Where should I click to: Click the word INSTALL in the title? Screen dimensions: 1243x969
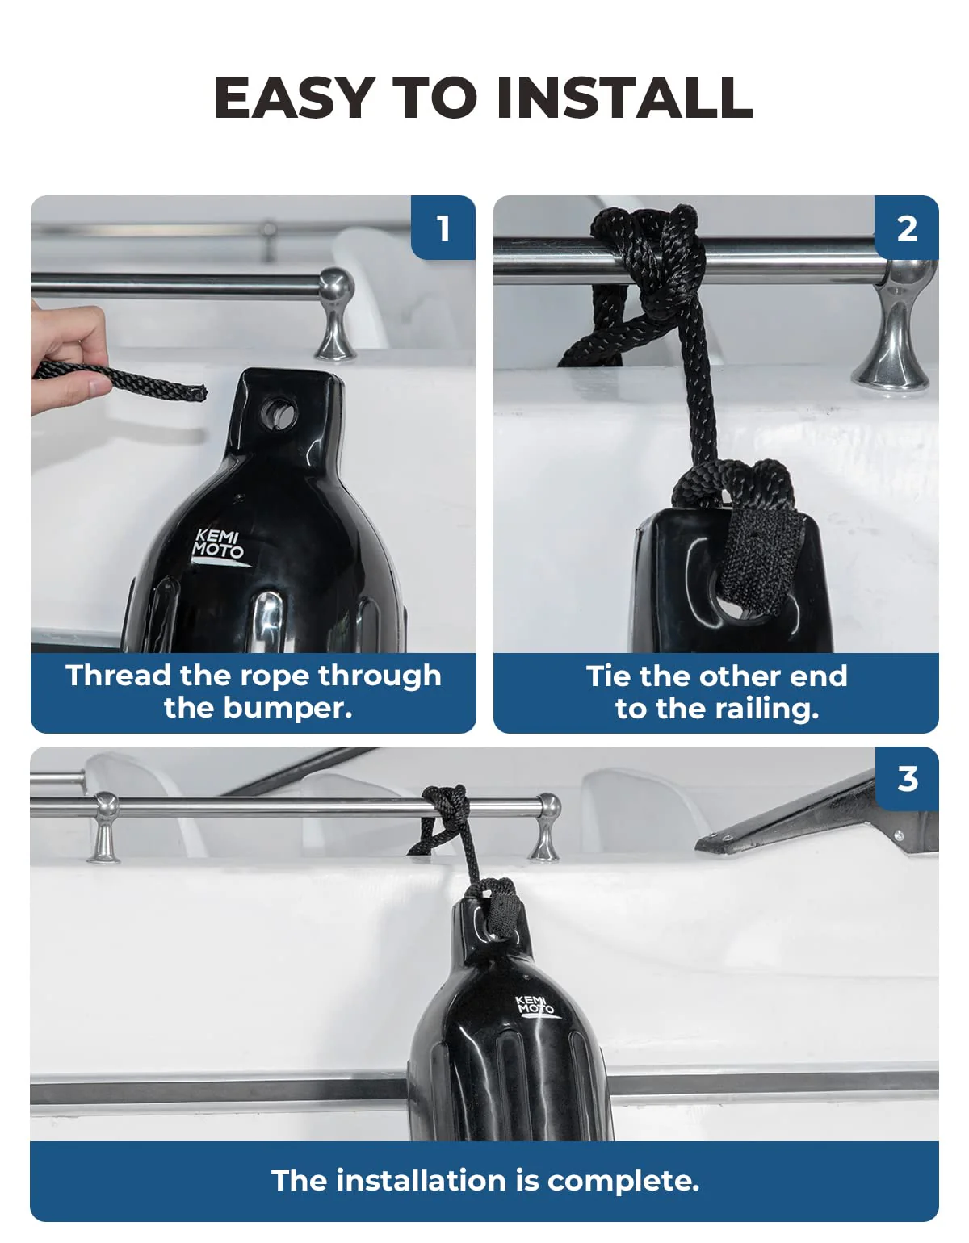[624, 98]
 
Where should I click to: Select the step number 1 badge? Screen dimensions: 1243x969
[443, 228]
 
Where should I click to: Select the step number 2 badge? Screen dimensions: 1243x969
[907, 228]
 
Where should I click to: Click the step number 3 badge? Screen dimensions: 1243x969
[907, 779]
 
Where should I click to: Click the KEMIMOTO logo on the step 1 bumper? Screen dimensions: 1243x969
[218, 545]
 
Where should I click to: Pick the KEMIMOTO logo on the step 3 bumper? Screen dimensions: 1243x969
[535, 1006]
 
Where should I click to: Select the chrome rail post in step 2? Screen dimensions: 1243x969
[895, 331]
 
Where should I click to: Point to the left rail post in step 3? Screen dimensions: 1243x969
[105, 827]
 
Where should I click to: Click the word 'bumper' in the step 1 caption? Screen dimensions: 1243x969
[287, 708]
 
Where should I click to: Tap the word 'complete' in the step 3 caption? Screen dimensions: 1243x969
[623, 1181]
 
